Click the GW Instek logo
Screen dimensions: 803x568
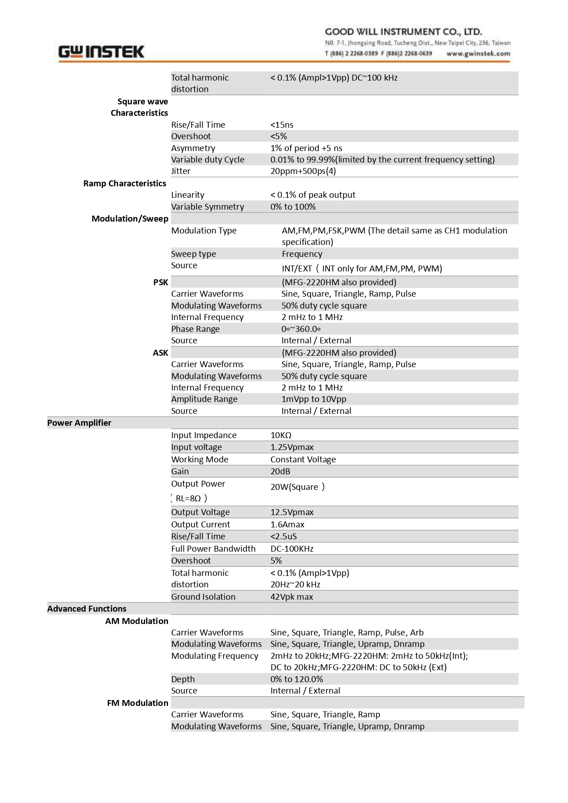coord(101,52)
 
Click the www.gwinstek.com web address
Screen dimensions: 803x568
coord(478,54)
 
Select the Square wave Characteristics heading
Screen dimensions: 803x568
coord(140,107)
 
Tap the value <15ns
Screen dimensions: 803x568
coord(282,125)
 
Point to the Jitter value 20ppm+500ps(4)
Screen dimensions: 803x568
coord(303,171)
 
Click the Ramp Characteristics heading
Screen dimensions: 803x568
coord(124,183)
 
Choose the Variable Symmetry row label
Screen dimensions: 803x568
coord(207,206)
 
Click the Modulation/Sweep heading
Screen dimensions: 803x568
coord(130,218)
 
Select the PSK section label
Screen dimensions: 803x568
coord(161,282)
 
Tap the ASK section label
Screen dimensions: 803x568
coord(160,353)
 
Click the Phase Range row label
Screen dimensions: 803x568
coord(195,329)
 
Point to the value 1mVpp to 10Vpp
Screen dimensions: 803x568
coord(314,399)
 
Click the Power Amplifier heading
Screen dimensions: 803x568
coord(79,423)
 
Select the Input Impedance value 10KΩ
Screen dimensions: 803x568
coord(281,435)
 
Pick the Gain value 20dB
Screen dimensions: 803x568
coord(280,471)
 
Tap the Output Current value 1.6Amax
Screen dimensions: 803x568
coord(287,524)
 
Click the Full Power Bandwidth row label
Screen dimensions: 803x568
coord(213,548)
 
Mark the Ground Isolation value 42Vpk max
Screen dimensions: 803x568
coord(292,597)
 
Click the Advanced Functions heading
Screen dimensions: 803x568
coord(87,608)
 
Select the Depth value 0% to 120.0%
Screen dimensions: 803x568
coord(297,679)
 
